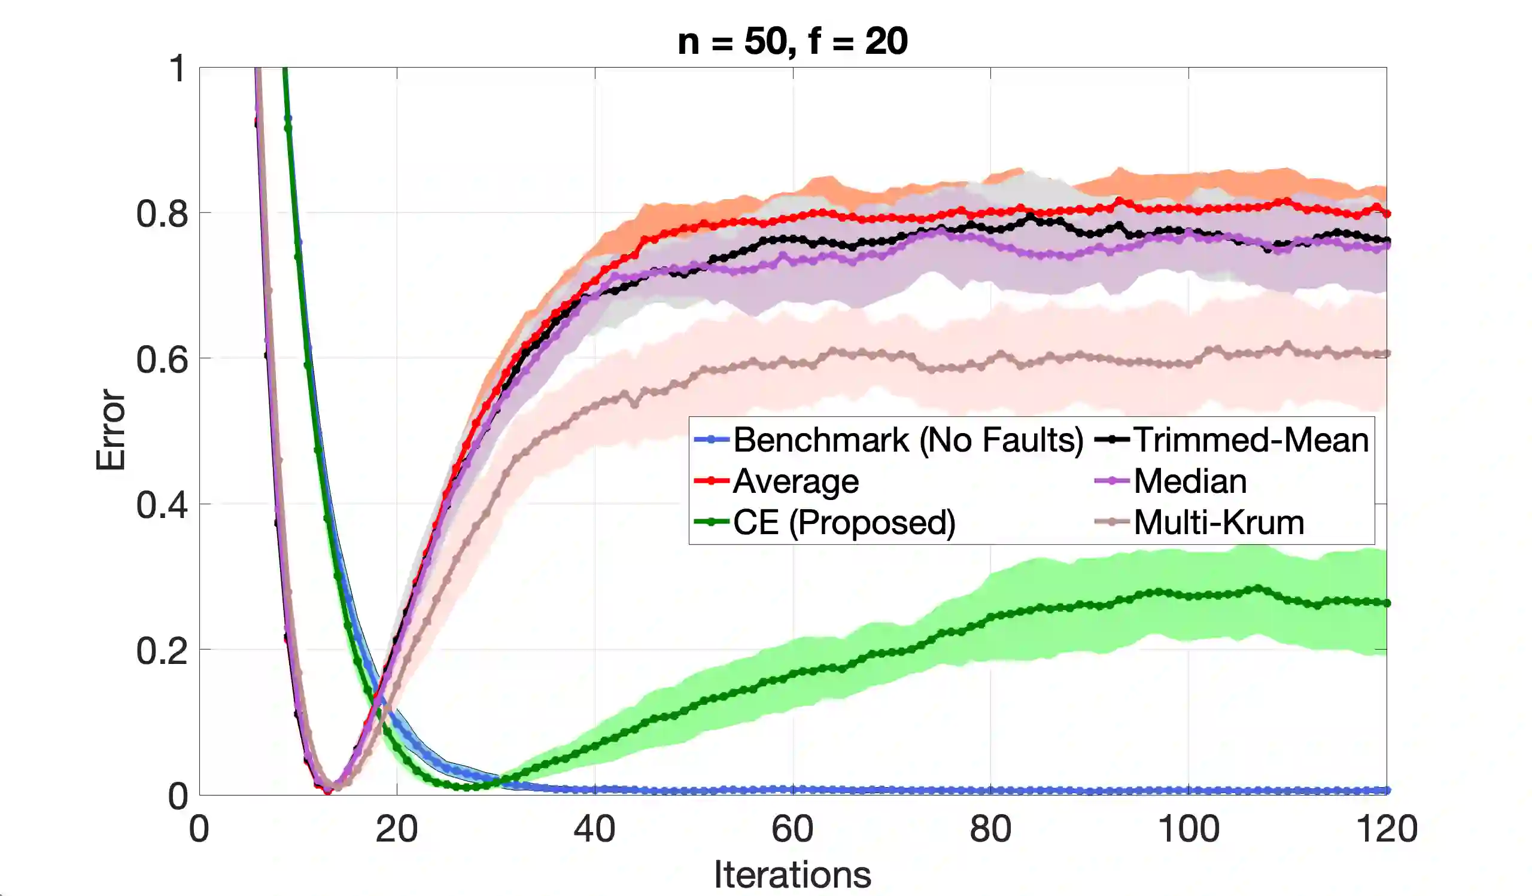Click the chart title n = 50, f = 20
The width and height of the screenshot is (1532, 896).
tap(792, 41)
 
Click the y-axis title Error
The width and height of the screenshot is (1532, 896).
tap(111, 430)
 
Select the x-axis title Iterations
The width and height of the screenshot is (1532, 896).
tap(792, 874)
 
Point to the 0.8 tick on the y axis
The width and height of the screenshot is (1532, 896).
tap(162, 214)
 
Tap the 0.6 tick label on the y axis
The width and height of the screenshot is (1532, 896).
tap(162, 359)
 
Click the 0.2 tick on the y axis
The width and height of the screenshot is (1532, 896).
tap(162, 651)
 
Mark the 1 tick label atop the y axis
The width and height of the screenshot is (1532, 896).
tap(177, 68)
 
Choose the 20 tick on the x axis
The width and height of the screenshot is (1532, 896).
tap(396, 828)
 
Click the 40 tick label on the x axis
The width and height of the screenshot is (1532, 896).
tap(595, 828)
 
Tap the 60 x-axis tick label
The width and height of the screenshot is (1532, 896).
tap(792, 828)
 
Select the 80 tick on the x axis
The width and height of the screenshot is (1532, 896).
tap(990, 828)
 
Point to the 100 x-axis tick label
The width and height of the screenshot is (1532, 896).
tap(1188, 828)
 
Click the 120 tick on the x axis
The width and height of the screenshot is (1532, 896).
tap(1387, 828)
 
